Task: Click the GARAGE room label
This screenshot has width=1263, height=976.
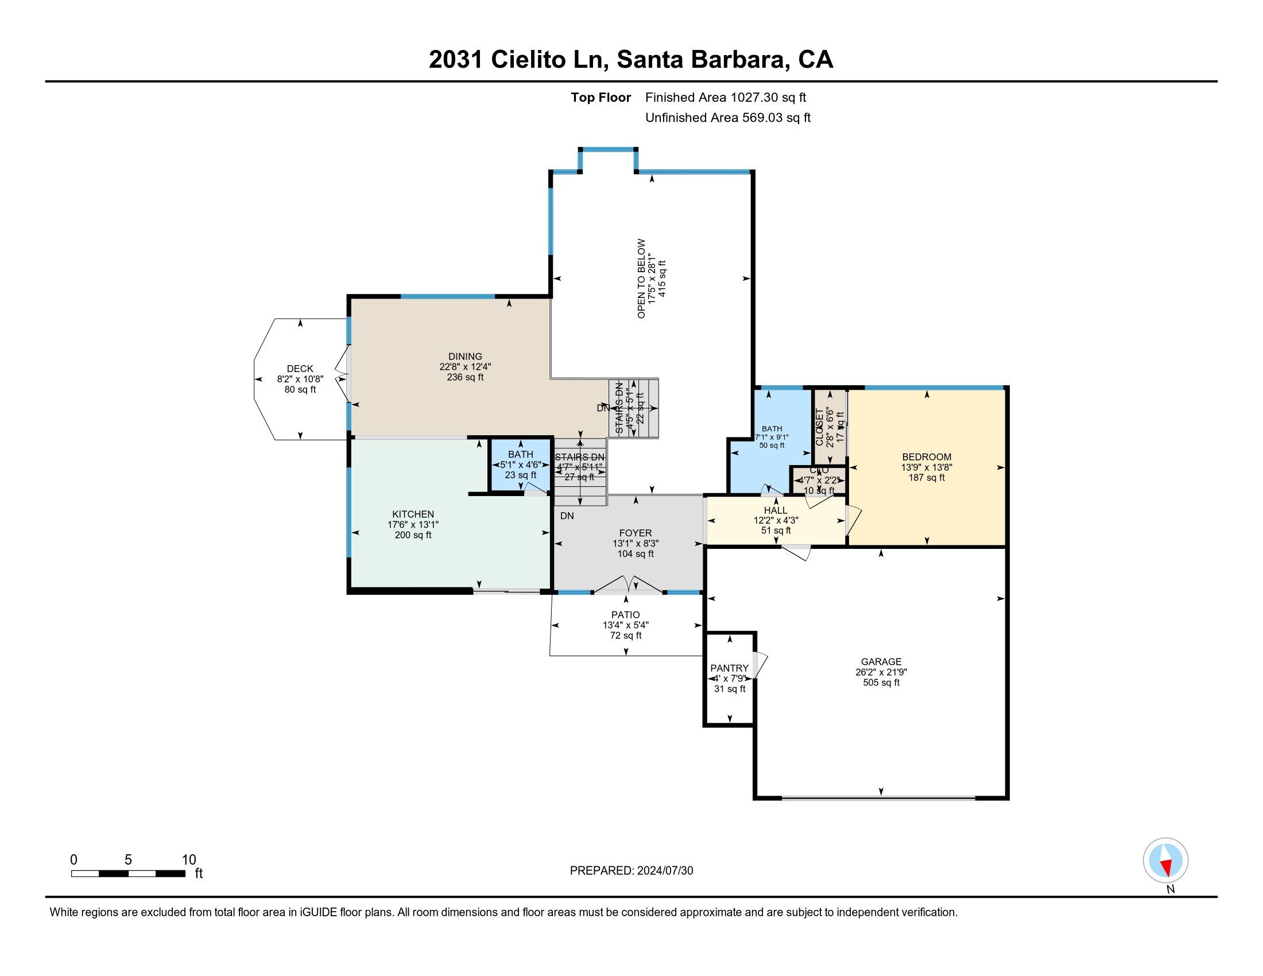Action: (x=881, y=661)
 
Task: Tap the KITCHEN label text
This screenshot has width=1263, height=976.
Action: (x=413, y=514)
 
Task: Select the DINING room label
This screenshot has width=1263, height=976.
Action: (x=465, y=356)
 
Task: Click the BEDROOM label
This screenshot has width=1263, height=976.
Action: (x=927, y=457)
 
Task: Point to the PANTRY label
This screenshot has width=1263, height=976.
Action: (x=729, y=668)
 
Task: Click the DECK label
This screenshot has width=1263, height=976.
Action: (x=300, y=369)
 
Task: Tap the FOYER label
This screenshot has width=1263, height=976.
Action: (x=635, y=533)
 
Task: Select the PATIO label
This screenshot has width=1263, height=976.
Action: (x=625, y=615)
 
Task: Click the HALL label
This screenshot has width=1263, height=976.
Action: (x=775, y=510)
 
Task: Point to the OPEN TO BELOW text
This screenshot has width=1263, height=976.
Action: (x=641, y=278)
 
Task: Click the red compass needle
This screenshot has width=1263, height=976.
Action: (x=1167, y=867)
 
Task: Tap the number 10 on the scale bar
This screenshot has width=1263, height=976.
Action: (x=189, y=860)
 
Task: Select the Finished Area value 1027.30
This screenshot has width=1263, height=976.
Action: (x=754, y=97)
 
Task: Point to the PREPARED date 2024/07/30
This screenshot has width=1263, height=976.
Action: (x=664, y=871)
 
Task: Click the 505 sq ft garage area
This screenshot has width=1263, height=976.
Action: (x=881, y=682)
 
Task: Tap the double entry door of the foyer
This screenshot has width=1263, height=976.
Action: (x=629, y=585)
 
